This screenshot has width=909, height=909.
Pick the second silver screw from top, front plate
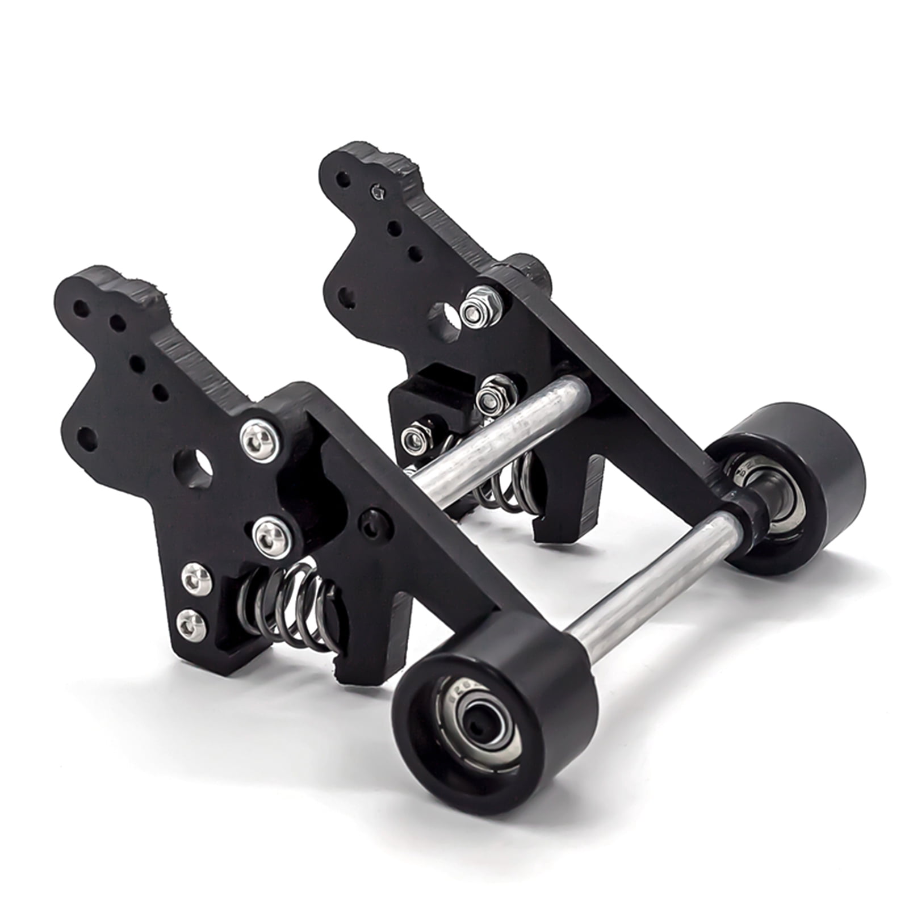(272, 536)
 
